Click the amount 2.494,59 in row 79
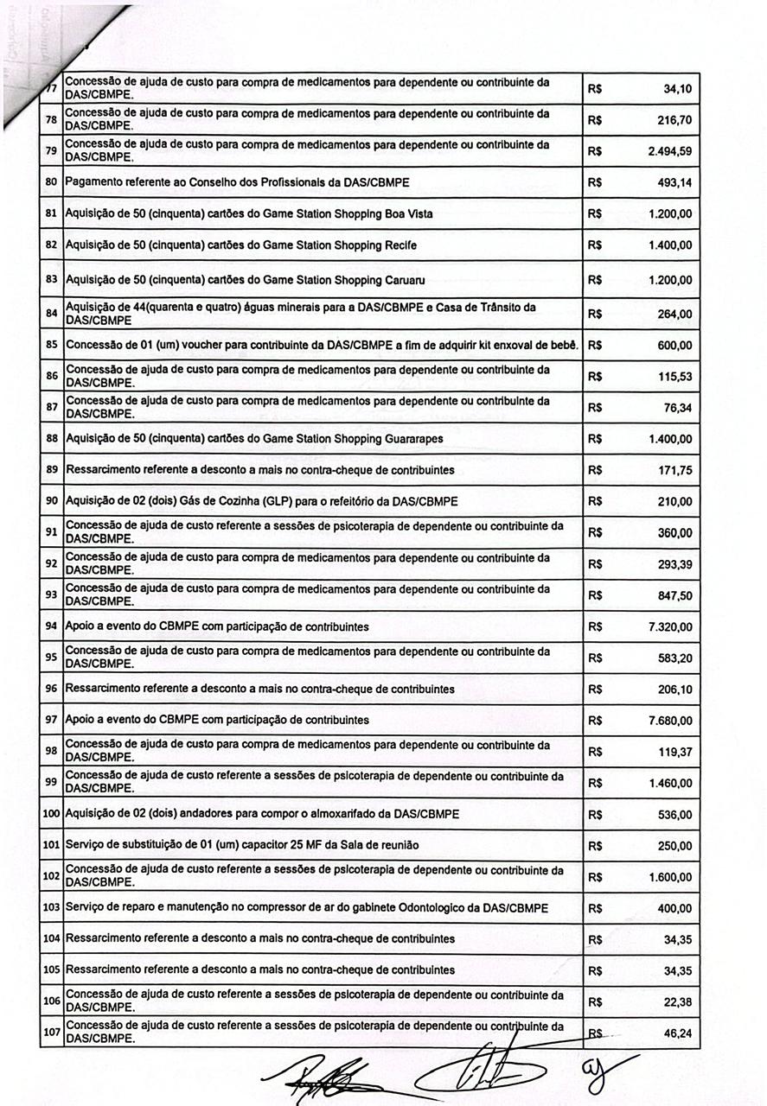pyautogui.click(x=669, y=151)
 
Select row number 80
pyautogui.click(x=51, y=182)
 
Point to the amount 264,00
pyautogui.click(x=674, y=315)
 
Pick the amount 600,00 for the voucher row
pyautogui.click(x=674, y=346)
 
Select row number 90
pyautogui.click(x=51, y=501)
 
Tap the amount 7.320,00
pyautogui.click(x=669, y=626)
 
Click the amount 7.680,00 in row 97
pyautogui.click(x=669, y=721)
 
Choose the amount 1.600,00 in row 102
pyautogui.click(x=669, y=877)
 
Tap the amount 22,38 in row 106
pyautogui.click(x=678, y=1002)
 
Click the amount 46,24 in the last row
pyautogui.click(x=678, y=1033)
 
